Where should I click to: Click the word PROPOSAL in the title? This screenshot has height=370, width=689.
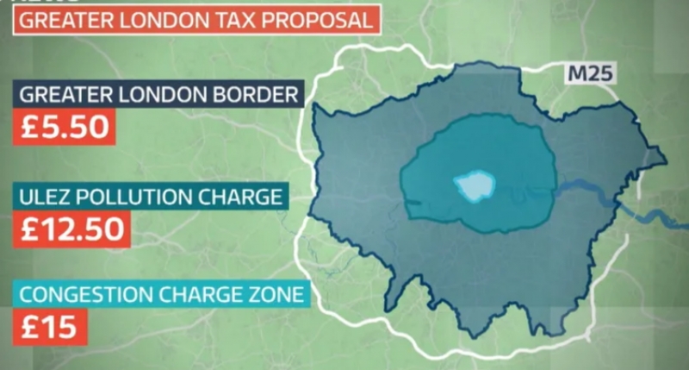pyautogui.click(x=313, y=19)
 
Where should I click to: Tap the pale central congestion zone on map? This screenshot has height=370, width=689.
pyautogui.click(x=473, y=185)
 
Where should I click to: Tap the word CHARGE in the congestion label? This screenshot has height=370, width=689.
pyautogui.click(x=197, y=295)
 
